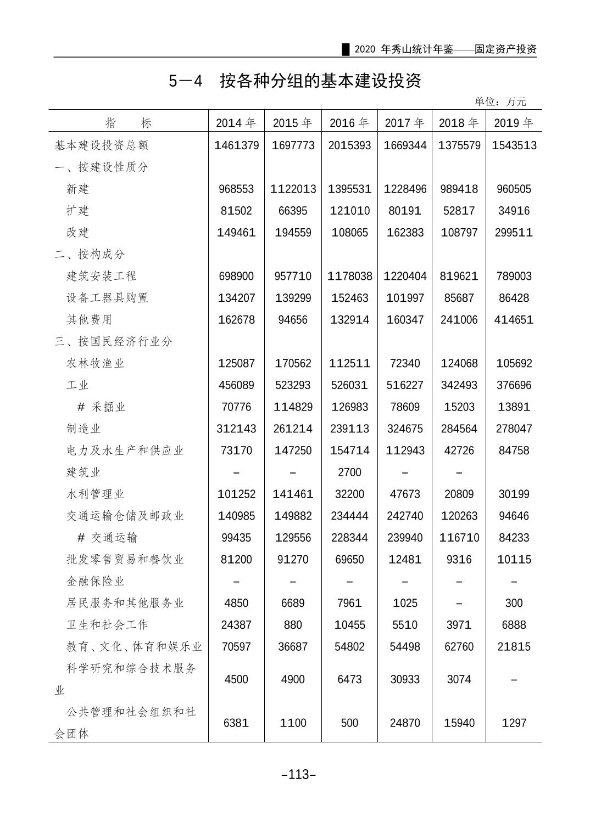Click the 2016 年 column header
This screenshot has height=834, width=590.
tap(349, 123)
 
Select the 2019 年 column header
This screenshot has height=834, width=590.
tap(513, 123)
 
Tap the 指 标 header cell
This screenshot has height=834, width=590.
tap(129, 123)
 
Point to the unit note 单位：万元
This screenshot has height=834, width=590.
tap(500, 102)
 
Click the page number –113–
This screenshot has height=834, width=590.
tap(298, 775)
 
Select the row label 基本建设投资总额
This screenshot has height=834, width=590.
tap(102, 145)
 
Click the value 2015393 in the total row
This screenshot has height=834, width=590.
tap(349, 145)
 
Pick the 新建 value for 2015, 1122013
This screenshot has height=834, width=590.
tap(293, 189)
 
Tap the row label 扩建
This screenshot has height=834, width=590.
tap(77, 211)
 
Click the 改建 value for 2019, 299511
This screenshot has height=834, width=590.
tap(514, 233)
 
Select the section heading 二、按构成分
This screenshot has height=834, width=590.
tap(90, 254)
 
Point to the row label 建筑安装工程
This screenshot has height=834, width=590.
tap(101, 276)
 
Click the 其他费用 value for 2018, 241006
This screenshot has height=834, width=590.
tap(459, 320)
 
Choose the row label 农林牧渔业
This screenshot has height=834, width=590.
tap(96, 363)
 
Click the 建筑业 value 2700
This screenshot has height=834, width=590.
tap(349, 472)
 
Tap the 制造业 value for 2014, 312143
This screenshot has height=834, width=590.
tap(236, 429)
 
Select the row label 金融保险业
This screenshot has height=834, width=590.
tap(96, 581)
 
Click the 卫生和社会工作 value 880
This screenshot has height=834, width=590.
tap(293, 625)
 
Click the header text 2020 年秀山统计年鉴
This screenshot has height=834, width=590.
tap(404, 49)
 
